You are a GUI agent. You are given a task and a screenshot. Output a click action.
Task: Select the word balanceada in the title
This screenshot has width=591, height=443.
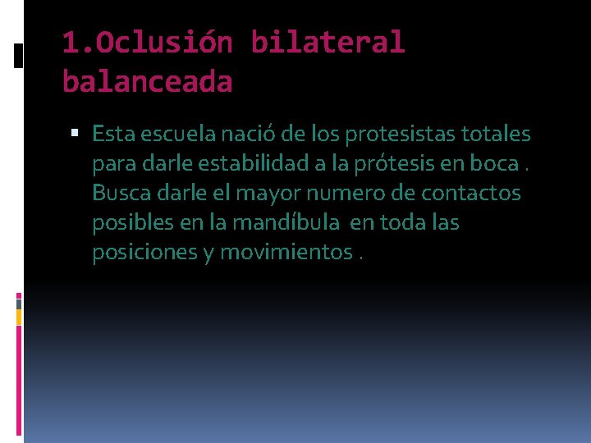(x=147, y=81)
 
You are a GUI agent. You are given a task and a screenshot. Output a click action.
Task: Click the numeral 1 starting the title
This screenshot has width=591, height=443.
(x=70, y=43)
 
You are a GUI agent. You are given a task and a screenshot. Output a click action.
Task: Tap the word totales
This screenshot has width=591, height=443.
(x=495, y=133)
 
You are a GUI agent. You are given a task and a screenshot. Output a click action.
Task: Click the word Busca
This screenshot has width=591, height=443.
(x=118, y=193)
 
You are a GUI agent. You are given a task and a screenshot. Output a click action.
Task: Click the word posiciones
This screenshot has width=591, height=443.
(x=143, y=252)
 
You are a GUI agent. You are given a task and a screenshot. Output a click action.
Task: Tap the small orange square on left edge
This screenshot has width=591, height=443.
(x=19, y=316)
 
